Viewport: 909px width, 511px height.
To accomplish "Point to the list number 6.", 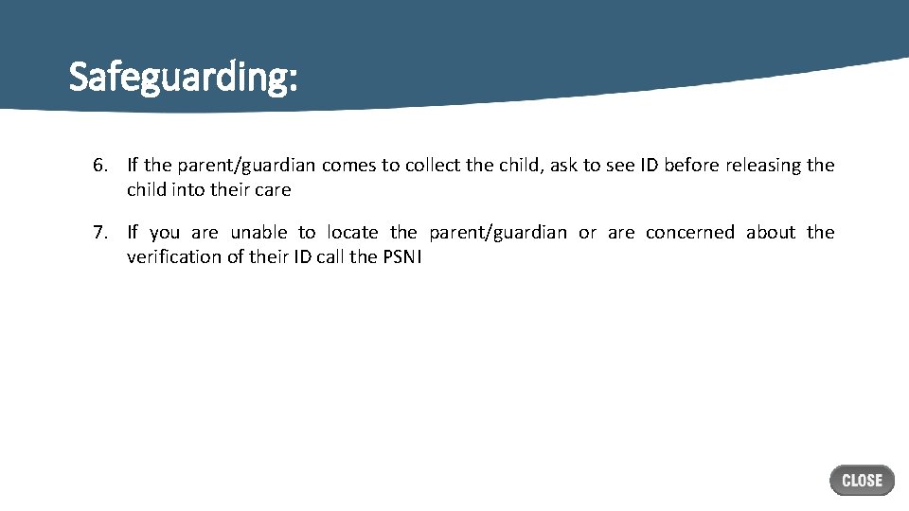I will coord(100,166).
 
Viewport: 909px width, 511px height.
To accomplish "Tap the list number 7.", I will coord(100,233).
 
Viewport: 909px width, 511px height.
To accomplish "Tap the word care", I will coord(272,189).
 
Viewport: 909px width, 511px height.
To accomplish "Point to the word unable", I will coord(258,233).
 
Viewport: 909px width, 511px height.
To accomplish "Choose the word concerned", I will coord(689,233).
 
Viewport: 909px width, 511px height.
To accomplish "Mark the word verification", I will coord(175,256).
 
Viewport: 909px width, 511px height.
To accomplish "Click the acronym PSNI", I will coord(401,256).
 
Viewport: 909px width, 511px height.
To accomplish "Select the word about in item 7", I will coord(771,233).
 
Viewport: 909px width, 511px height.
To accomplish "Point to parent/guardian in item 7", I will coord(498,233).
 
